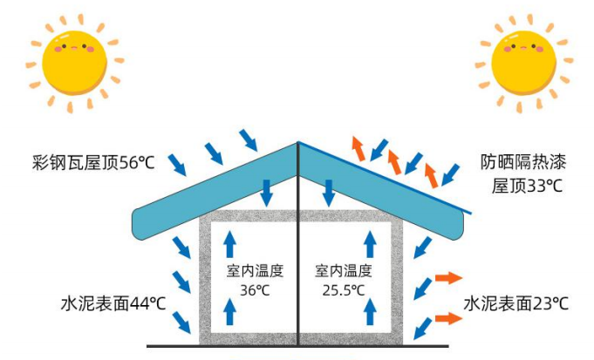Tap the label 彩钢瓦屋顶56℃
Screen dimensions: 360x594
(92, 161)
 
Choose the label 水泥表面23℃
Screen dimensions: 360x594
(515, 303)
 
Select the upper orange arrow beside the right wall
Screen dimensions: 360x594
(448, 279)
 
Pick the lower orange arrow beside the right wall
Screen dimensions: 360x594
(448, 318)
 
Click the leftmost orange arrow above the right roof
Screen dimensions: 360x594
(358, 148)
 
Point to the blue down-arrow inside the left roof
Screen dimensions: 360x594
(267, 192)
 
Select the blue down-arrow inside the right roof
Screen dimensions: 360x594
(329, 192)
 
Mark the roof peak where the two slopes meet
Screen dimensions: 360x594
(298, 143)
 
